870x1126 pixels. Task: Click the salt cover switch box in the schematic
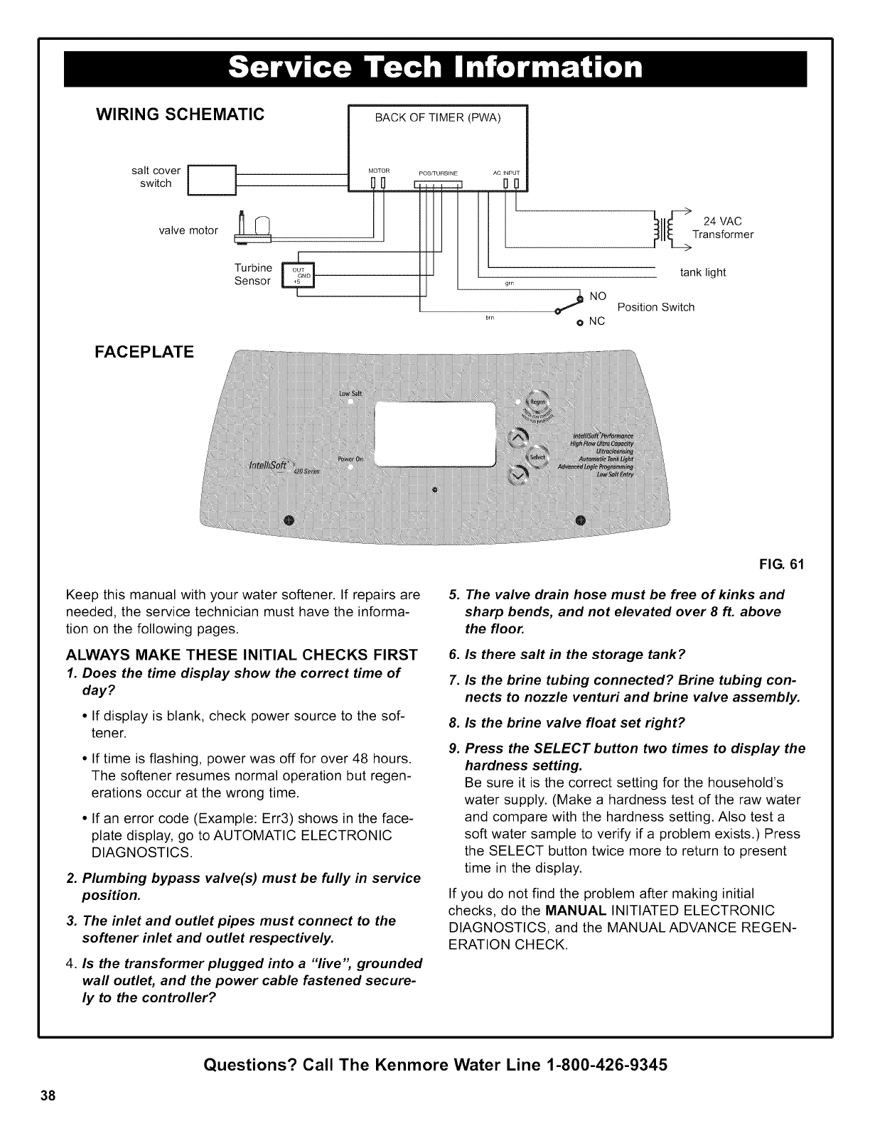[x=210, y=178]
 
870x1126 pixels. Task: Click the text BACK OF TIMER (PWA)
[x=438, y=118]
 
